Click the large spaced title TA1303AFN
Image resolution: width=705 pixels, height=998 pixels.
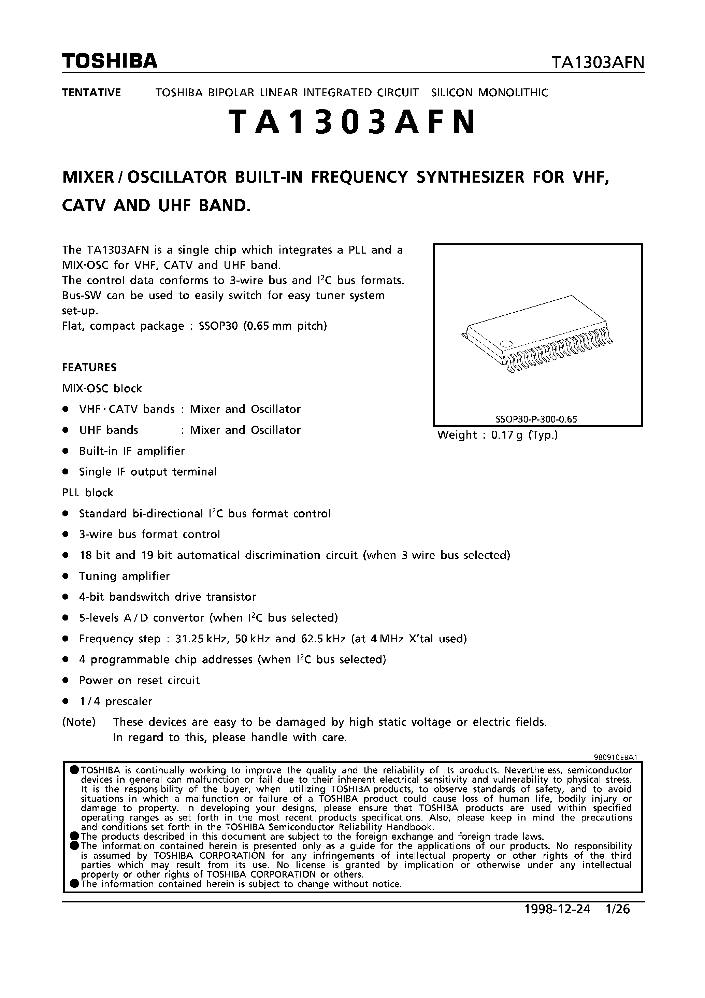(x=352, y=121)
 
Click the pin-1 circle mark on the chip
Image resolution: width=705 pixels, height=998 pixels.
(x=505, y=344)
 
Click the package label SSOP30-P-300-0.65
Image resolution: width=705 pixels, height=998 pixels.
(x=536, y=419)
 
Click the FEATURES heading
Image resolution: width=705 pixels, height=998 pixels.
(x=89, y=367)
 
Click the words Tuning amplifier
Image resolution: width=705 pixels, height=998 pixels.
(x=124, y=576)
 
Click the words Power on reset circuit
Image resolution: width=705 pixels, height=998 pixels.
(x=139, y=681)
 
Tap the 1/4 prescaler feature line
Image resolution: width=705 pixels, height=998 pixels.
(x=116, y=701)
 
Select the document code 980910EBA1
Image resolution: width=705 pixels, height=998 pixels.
(x=615, y=757)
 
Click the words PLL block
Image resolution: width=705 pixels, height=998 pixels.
(x=87, y=493)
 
